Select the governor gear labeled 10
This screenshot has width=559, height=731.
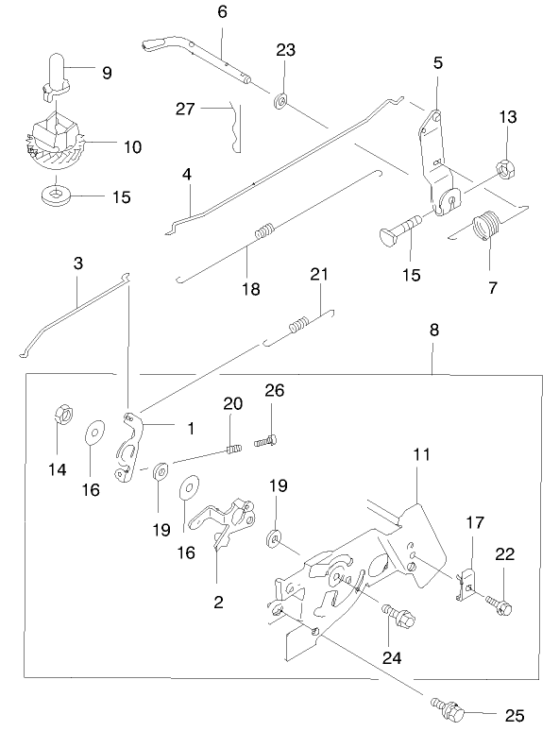click(x=54, y=141)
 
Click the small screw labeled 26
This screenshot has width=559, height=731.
click(x=270, y=437)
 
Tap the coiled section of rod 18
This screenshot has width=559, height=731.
click(x=266, y=229)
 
